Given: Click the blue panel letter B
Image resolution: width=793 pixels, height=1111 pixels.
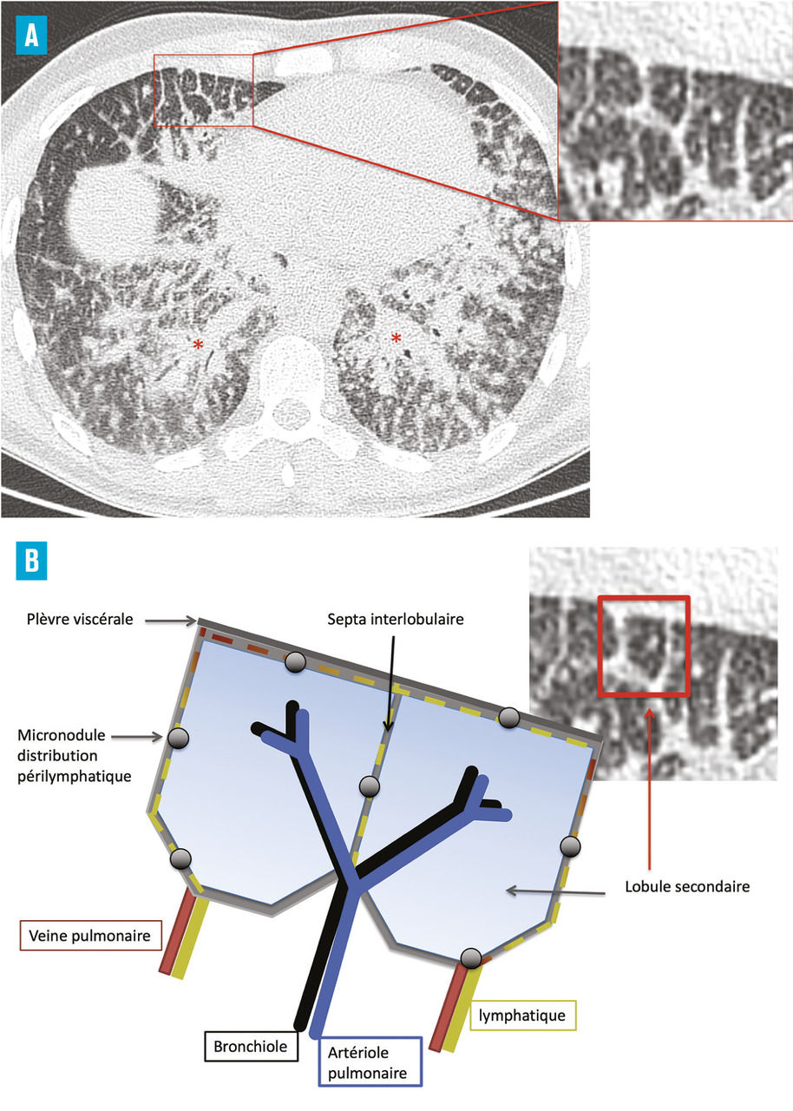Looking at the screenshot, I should pyautogui.click(x=32, y=562).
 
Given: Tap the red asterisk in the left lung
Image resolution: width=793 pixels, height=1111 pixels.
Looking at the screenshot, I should pyautogui.click(x=199, y=345).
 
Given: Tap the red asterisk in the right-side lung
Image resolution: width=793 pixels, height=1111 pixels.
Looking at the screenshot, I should pyautogui.click(x=396, y=339).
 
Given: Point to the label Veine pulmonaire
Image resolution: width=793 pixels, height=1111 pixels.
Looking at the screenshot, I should pyautogui.click(x=89, y=937).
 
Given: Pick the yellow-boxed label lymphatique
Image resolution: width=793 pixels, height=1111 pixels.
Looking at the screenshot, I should pyautogui.click(x=523, y=1013).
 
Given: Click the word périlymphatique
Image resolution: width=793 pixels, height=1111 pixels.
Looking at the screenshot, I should pyautogui.click(x=75, y=776).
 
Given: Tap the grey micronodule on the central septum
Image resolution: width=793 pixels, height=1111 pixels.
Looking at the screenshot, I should pyautogui.click(x=369, y=786).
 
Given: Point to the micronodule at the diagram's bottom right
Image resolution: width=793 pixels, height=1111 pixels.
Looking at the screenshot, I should pyautogui.click(x=470, y=957).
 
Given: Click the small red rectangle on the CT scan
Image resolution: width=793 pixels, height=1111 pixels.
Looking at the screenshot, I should pyautogui.click(x=203, y=90).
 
